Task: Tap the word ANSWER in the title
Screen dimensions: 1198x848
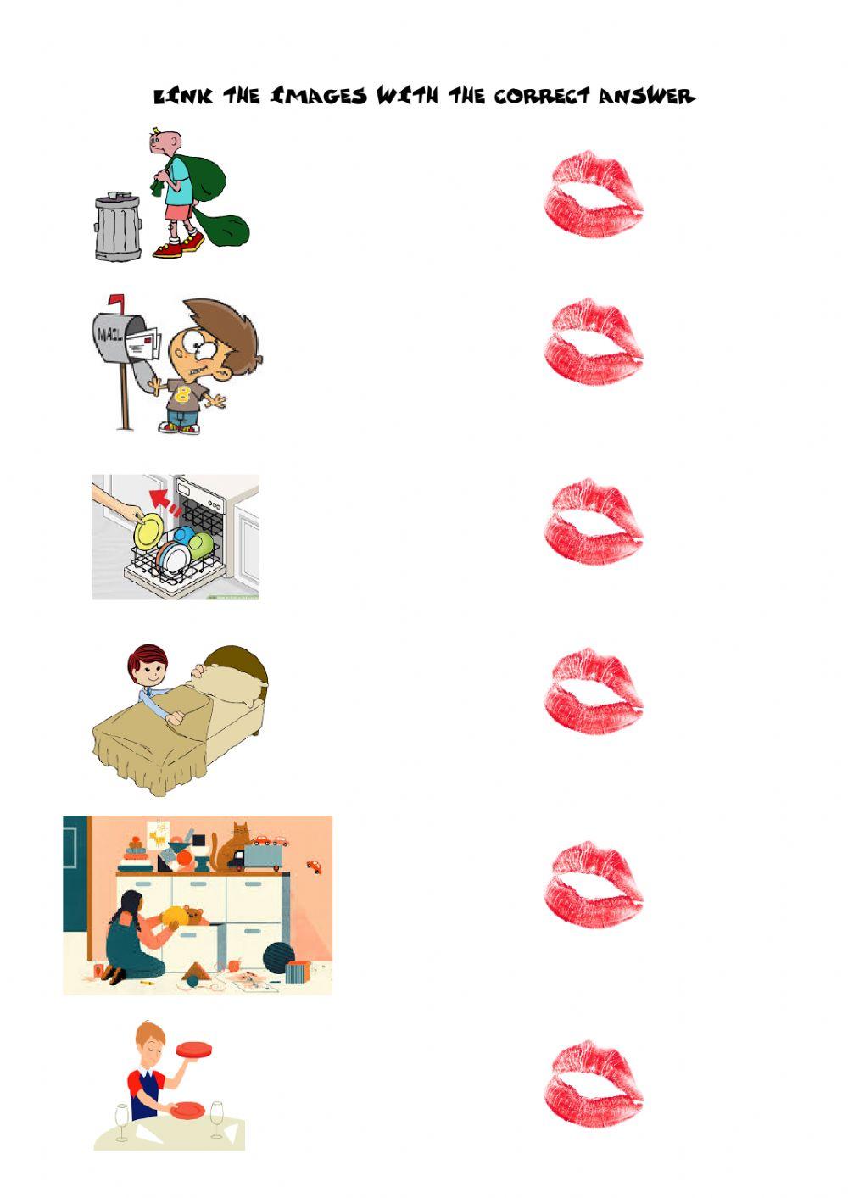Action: [646, 96]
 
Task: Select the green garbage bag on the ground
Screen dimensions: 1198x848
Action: [223, 227]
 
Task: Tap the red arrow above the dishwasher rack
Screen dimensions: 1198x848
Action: [162, 502]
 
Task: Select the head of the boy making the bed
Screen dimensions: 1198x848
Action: [147, 665]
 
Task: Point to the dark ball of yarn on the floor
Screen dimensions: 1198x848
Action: [278, 958]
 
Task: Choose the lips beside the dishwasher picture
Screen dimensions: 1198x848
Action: [594, 520]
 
